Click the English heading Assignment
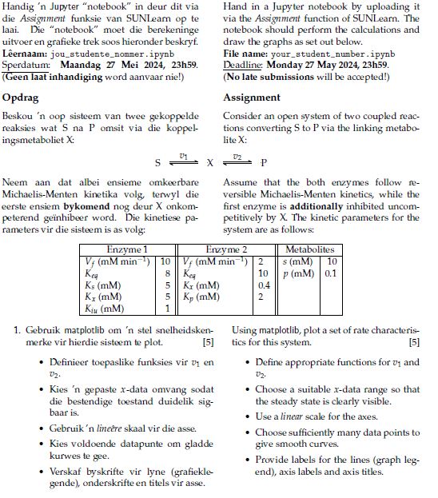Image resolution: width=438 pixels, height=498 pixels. (252, 98)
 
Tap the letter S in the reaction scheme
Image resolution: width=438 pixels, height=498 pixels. (158, 162)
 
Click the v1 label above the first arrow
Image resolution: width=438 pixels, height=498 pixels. (184, 156)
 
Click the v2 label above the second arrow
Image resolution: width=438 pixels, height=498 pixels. (237, 156)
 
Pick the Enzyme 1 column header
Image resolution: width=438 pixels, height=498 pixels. (127, 250)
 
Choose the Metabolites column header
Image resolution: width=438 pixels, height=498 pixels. (309, 250)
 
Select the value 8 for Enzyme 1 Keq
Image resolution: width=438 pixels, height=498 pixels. (166, 273)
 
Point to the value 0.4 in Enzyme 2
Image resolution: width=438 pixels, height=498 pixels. (265, 285)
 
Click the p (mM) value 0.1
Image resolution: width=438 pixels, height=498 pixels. (331, 273)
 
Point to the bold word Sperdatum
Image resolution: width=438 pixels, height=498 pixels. (27, 66)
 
